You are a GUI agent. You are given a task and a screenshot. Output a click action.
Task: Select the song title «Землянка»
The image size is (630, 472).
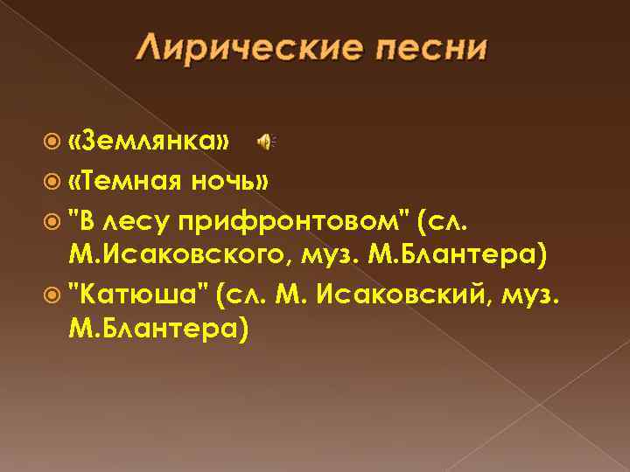150,142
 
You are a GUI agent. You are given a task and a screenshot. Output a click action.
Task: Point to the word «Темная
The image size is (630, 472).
124,181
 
